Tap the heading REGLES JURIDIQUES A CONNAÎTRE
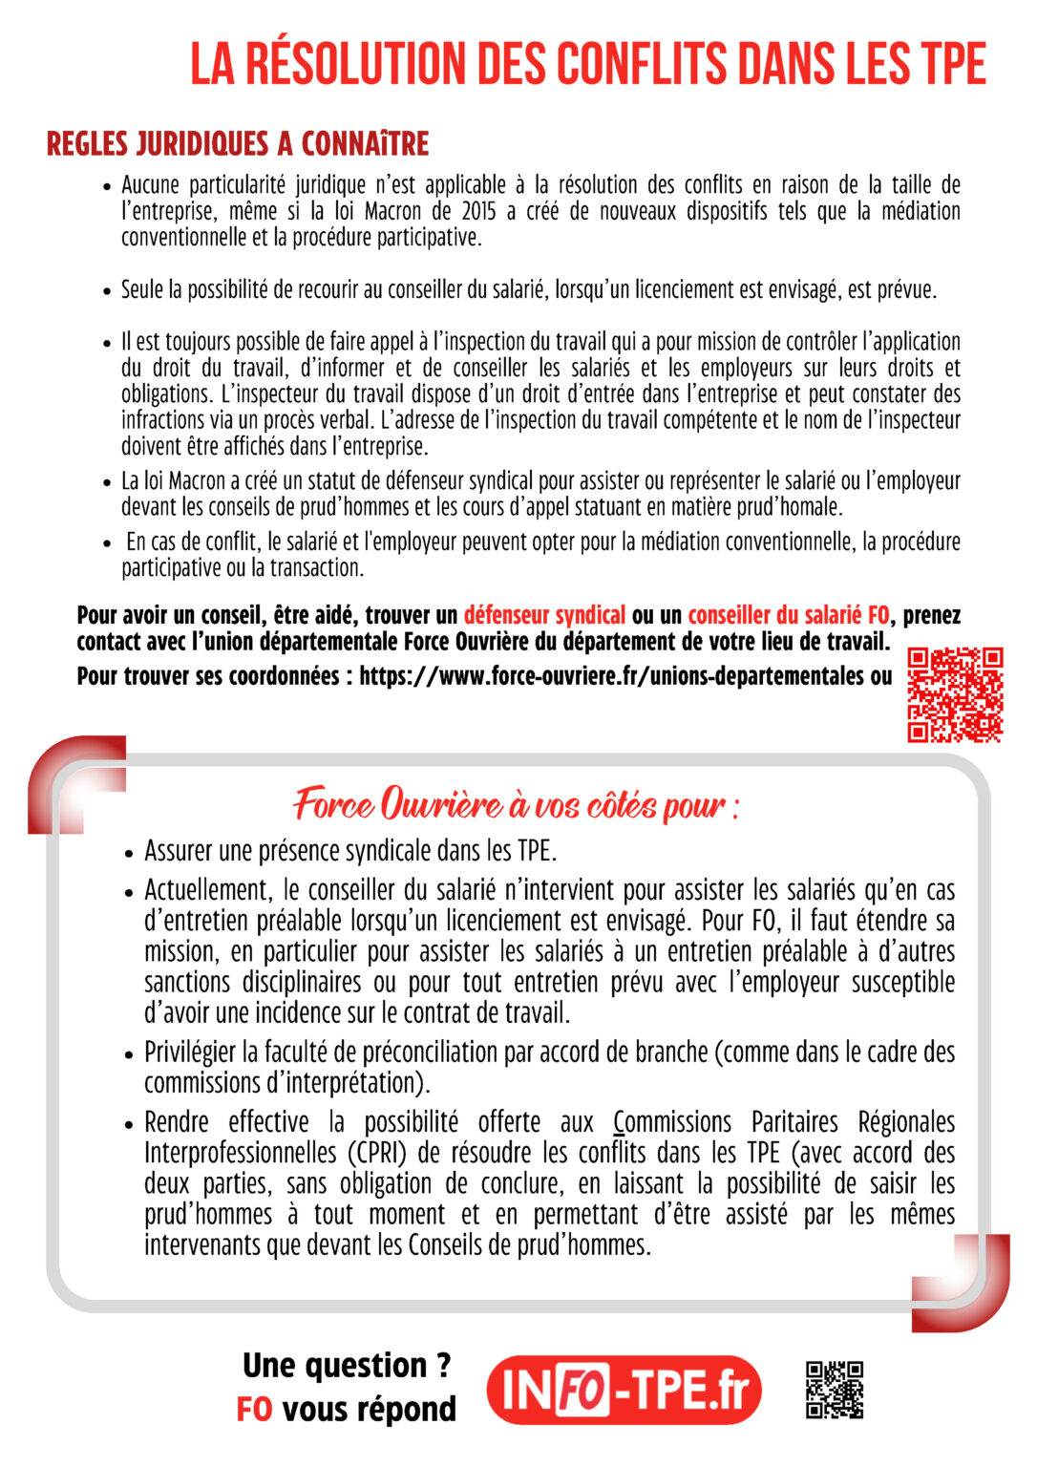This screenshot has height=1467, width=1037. click(x=238, y=144)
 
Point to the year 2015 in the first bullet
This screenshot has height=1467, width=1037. click(x=478, y=211)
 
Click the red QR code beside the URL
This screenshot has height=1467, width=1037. click(x=954, y=694)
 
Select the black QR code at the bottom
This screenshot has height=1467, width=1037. click(x=835, y=1390)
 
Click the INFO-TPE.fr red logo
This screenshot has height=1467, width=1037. click(x=624, y=1390)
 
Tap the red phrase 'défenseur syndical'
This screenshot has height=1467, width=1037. click(x=544, y=615)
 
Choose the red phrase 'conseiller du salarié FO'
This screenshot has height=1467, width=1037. click(x=788, y=615)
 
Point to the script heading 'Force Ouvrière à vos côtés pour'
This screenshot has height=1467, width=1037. click(x=516, y=804)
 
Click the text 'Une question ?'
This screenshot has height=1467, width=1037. click(x=346, y=1366)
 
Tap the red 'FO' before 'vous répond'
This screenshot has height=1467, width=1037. click(x=254, y=1410)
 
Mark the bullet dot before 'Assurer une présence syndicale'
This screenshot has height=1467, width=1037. click(x=129, y=853)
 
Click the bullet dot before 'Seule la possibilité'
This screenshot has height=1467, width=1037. click(x=107, y=291)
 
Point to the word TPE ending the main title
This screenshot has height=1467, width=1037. click(x=953, y=64)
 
